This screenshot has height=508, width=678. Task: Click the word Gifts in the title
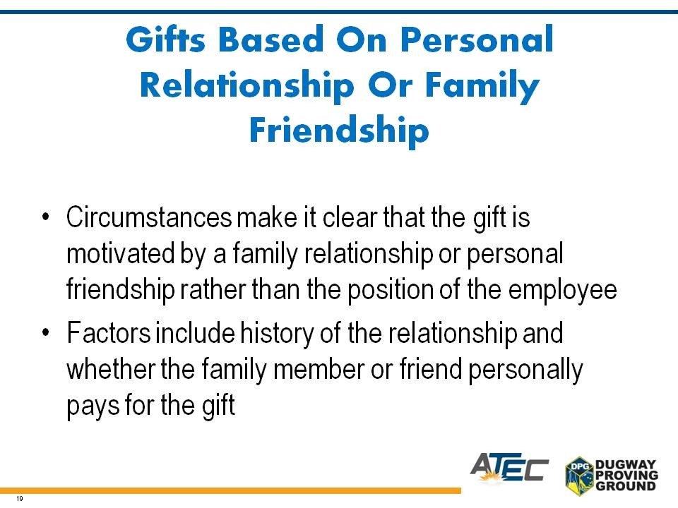pyautogui.click(x=165, y=39)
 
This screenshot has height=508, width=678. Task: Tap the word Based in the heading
pyautogui.click(x=270, y=40)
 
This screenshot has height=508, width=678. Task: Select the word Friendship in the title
pyautogui.click(x=339, y=131)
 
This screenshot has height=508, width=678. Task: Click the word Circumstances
pyautogui.click(x=149, y=217)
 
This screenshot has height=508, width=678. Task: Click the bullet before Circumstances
pyautogui.click(x=46, y=216)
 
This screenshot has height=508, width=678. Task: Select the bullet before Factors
pyautogui.click(x=46, y=332)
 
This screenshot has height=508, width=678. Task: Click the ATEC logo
pyautogui.click(x=509, y=468)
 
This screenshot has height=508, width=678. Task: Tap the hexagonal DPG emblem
pyautogui.click(x=579, y=475)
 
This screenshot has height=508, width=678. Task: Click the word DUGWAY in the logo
pyautogui.click(x=625, y=465)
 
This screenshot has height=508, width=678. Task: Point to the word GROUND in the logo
pyautogui.click(x=625, y=485)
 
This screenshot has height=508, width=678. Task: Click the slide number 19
pyautogui.click(x=19, y=499)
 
